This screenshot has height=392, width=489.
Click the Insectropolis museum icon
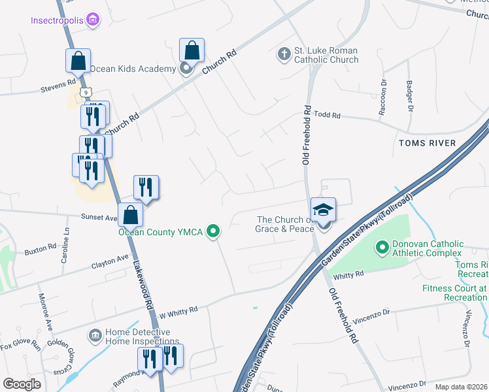click(x=93, y=20)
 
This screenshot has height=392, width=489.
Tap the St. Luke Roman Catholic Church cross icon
click(x=284, y=54)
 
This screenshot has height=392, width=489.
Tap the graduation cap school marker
click(x=323, y=210)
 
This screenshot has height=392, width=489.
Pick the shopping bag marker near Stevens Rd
click(x=78, y=61)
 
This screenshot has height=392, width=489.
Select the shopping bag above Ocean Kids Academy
click(x=192, y=50)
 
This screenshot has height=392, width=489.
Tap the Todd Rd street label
click(x=328, y=115)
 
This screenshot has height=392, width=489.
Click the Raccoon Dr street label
click(x=383, y=98)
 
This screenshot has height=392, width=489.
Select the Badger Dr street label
click(x=410, y=96)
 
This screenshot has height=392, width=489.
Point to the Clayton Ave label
click(x=110, y=262)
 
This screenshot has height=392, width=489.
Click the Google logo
click(x=22, y=384)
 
